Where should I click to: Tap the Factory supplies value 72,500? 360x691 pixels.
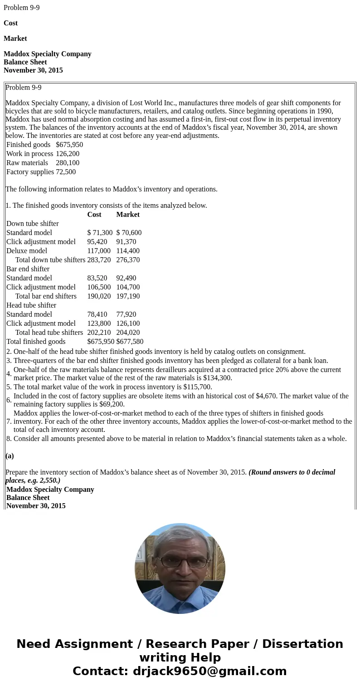point(66,172)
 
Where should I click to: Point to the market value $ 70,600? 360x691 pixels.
point(129,233)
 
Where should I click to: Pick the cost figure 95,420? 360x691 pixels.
point(97,242)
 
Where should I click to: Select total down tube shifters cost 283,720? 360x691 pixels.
point(99,260)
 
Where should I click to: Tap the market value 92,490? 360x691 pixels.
point(126,278)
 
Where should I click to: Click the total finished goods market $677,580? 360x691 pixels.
point(130,342)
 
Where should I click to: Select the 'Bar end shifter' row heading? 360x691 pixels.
point(28,269)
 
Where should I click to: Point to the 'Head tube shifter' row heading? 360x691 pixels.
point(31,305)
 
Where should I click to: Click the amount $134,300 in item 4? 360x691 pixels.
point(217,378)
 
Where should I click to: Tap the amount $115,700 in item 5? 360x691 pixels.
point(198,387)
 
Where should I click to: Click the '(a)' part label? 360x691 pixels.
point(10,456)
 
